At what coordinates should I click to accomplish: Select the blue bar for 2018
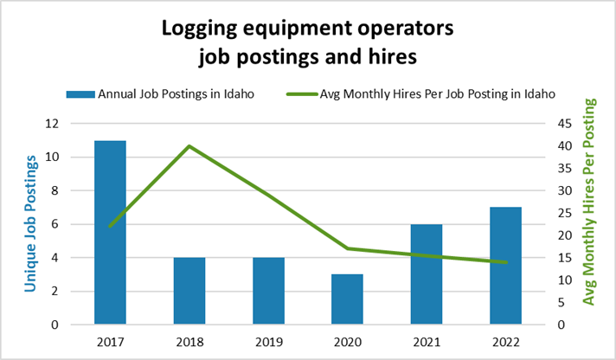(x=189, y=291)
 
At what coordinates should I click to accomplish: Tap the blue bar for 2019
(x=268, y=291)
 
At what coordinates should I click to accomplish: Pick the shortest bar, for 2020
(x=348, y=299)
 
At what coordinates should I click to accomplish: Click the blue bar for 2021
(x=427, y=274)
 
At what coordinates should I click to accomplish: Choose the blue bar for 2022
(x=506, y=266)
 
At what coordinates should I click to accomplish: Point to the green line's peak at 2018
(x=189, y=145)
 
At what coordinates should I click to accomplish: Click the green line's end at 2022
(x=506, y=262)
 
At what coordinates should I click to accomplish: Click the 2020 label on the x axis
(x=348, y=342)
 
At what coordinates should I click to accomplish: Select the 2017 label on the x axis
(x=110, y=342)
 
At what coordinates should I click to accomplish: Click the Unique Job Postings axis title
(x=31, y=223)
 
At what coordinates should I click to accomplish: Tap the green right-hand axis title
(x=592, y=201)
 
